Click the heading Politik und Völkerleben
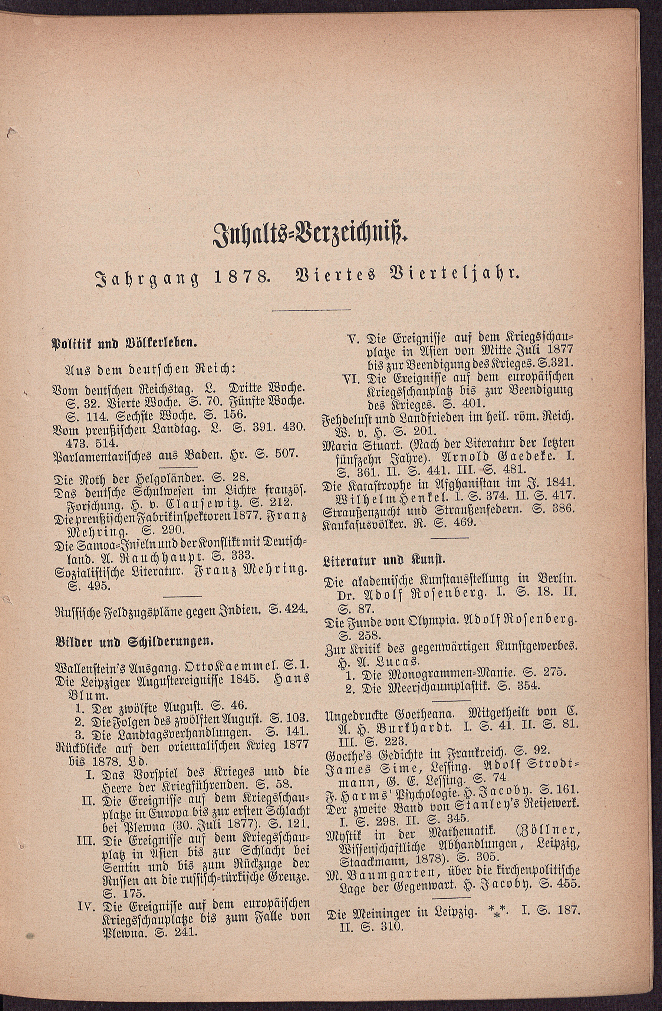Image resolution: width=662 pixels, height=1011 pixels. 123,344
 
